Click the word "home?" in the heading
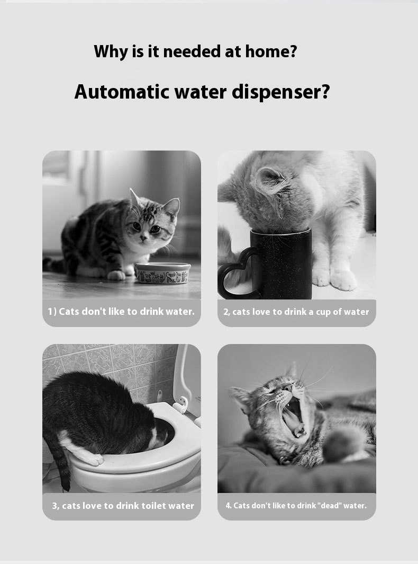271,51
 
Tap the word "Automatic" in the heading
122,92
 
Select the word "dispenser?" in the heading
281,92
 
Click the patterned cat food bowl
163,273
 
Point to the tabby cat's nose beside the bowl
143,238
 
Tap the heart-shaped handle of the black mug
237,274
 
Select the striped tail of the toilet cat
62,464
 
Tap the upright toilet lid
187,381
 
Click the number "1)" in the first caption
52,312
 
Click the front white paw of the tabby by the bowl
116,275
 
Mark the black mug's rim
281,231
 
